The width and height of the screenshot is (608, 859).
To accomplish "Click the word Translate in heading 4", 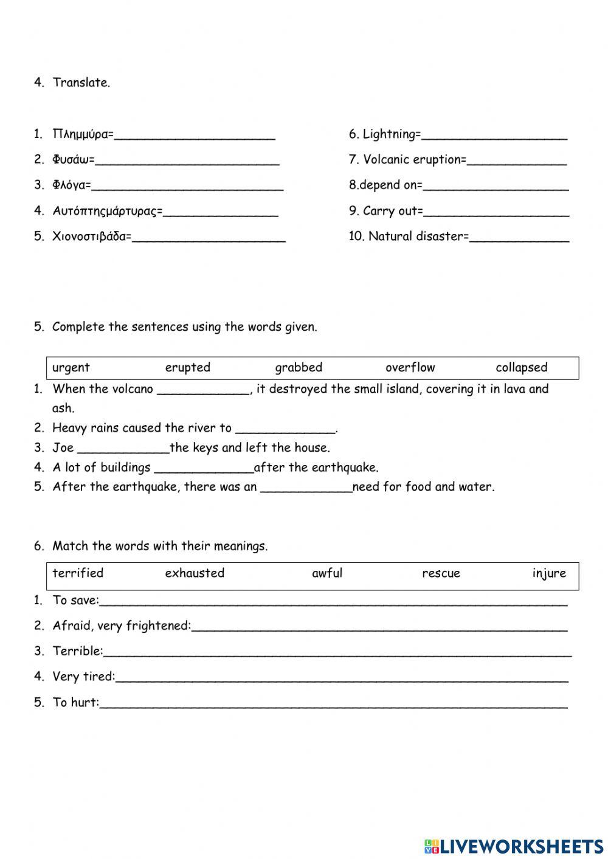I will pos(81,83).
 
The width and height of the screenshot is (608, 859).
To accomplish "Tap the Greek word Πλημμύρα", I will pos(82,134).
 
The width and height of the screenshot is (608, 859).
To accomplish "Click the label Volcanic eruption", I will pos(413,160).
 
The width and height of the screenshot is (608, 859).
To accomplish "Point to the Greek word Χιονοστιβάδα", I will pos(91,236).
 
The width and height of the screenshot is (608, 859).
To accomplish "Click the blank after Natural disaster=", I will pos(519,238).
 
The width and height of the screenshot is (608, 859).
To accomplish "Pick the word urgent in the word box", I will pos(71,368).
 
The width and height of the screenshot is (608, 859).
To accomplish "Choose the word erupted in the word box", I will pos(187,368).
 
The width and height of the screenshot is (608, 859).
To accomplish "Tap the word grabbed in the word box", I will pos(299,368).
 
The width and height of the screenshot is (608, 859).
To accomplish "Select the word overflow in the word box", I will pos(410,368).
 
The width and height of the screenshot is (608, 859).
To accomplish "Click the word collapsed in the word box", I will pos(521,368).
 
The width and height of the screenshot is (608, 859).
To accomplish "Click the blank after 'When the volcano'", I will pos(203,391).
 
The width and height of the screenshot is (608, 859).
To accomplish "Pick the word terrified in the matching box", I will pos(78,573).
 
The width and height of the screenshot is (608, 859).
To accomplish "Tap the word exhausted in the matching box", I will pos(195,573).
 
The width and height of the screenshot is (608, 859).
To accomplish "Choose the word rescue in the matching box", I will pos(441,573).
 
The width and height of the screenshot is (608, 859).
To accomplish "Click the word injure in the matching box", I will pos(548,573).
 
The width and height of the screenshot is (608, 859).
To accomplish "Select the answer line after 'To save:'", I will pos(333,602).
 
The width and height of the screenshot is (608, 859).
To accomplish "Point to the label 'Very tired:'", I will pos(83,677).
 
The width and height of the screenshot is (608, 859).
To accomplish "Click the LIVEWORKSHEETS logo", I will pos(514,846).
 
